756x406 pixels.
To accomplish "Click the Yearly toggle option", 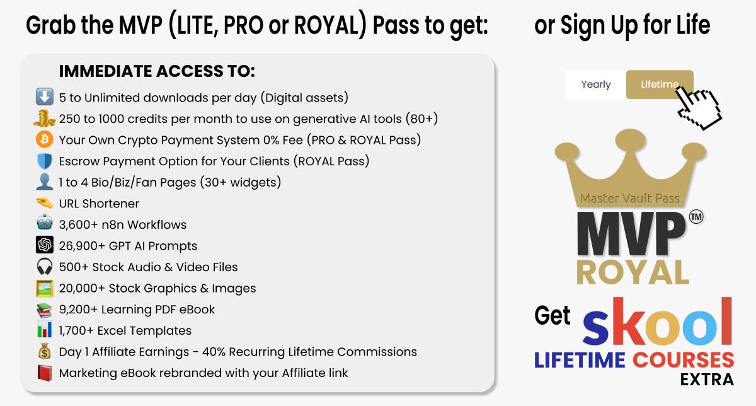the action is pyautogui.click(x=596, y=84).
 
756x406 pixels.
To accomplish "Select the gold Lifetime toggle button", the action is pyautogui.click(x=660, y=84).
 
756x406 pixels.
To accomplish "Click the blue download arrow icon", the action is pyautogui.click(x=45, y=97).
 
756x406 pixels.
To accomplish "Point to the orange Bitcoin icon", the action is pyautogui.click(x=45, y=139).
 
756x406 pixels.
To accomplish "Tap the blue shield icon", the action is pyautogui.click(x=45, y=161).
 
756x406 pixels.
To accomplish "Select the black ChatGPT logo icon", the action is pyautogui.click(x=45, y=245).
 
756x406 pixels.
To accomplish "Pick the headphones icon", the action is pyautogui.click(x=45, y=267).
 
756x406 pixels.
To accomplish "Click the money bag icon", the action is pyautogui.click(x=45, y=351).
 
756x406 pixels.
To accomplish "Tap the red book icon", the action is pyautogui.click(x=45, y=373).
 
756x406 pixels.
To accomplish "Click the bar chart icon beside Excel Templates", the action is pyautogui.click(x=45, y=330).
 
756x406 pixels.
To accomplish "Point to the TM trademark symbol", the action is pyautogui.click(x=696, y=217).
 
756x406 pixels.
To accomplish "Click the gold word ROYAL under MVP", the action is pyautogui.click(x=633, y=272).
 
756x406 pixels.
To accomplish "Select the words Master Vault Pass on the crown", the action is pyautogui.click(x=630, y=198).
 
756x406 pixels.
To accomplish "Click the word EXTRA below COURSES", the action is pyautogui.click(x=707, y=380).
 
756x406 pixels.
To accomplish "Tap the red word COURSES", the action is pyautogui.click(x=683, y=360).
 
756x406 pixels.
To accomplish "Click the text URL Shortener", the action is pyautogui.click(x=99, y=204).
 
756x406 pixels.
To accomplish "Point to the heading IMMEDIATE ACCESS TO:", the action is pyautogui.click(x=157, y=71).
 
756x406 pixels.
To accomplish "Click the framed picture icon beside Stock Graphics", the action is pyautogui.click(x=45, y=288).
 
